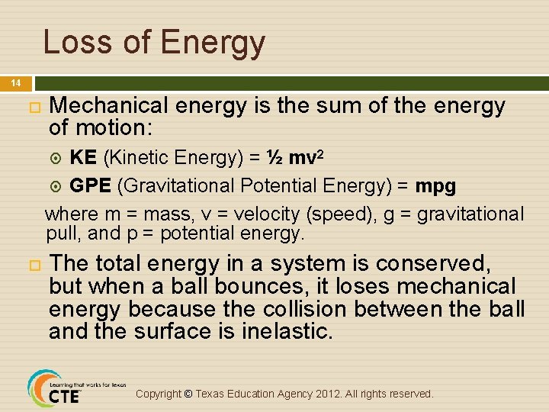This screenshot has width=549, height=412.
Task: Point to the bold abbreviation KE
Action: [82, 158]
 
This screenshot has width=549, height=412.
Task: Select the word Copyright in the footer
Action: [159, 394]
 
